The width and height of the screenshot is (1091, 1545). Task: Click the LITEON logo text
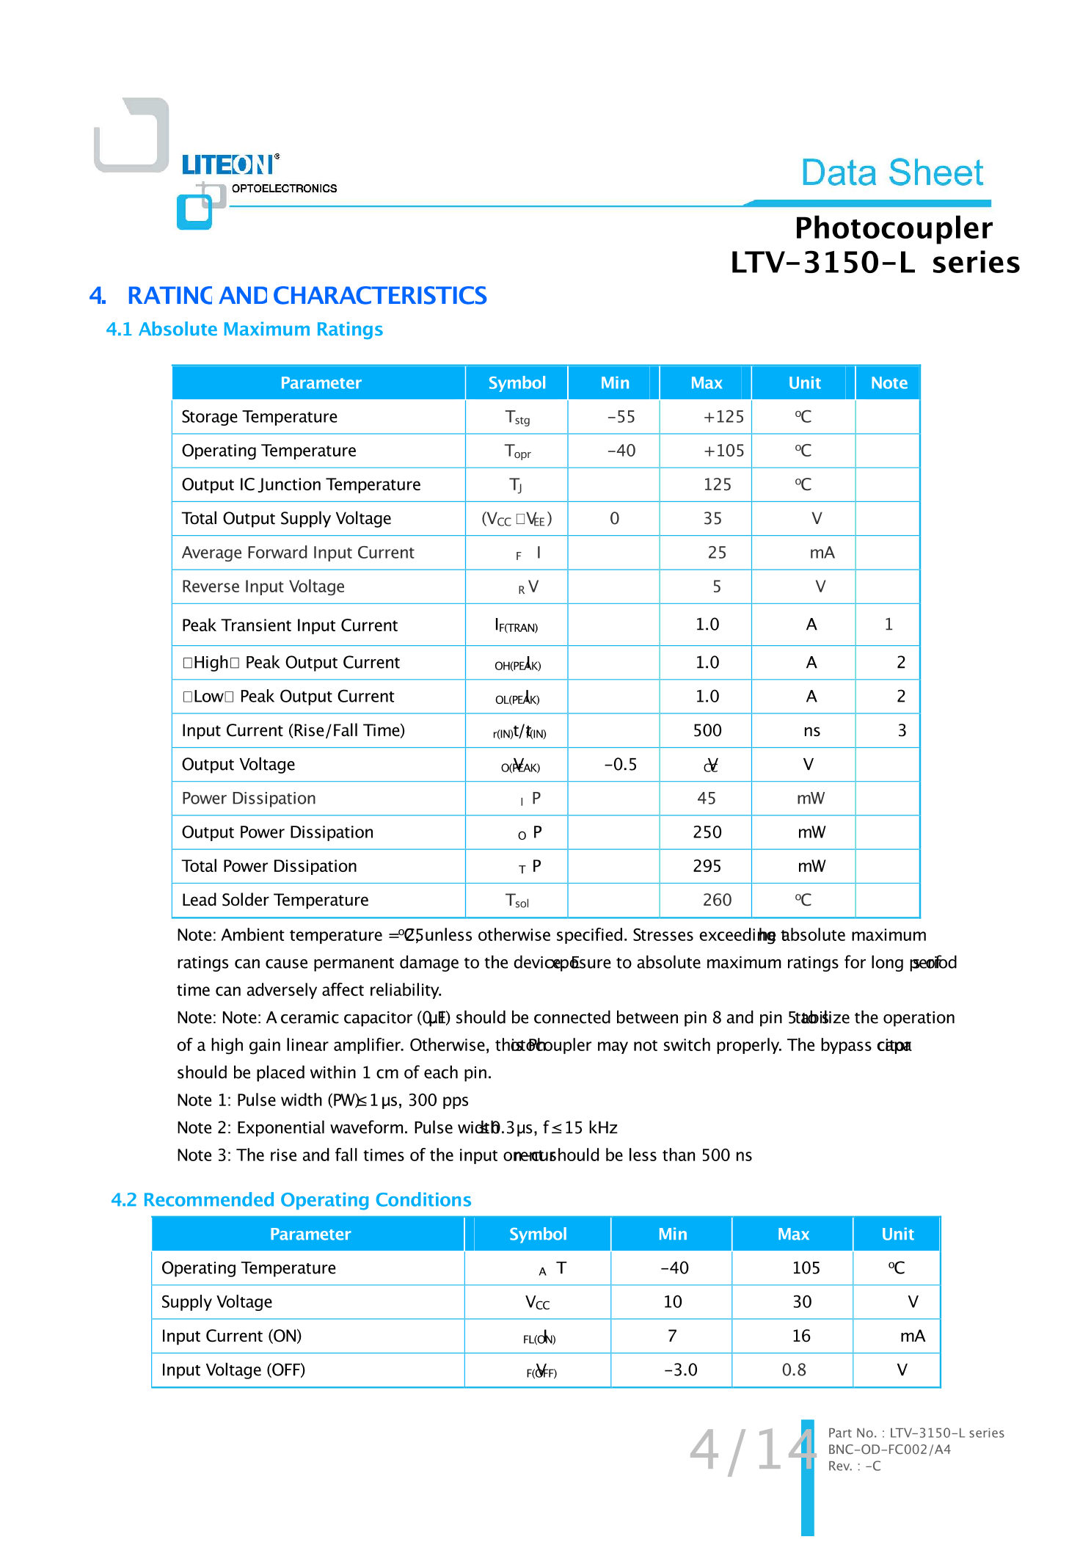(229, 165)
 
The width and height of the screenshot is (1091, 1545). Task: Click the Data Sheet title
(891, 173)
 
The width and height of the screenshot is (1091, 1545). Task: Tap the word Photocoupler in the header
(893, 228)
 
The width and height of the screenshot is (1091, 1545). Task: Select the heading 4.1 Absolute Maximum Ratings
(244, 330)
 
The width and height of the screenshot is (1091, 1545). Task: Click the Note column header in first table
(889, 383)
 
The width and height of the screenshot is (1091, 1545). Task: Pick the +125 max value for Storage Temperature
(723, 417)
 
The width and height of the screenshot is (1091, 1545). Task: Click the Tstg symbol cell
(517, 418)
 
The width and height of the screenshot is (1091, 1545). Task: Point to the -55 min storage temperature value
(621, 417)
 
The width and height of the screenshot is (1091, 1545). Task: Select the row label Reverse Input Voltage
(263, 586)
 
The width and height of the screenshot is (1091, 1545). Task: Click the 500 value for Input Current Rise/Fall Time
(707, 730)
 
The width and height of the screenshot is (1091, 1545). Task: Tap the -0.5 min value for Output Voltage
(621, 765)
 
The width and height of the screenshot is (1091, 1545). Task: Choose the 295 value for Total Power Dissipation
(707, 866)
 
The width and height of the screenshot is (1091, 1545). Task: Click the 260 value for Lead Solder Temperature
(717, 900)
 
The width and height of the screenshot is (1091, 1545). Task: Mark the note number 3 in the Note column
(902, 730)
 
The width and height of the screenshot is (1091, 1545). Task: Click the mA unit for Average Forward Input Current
(822, 553)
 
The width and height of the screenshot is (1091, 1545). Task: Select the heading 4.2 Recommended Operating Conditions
(291, 1199)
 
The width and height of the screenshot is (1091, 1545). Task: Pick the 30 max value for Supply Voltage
(802, 1302)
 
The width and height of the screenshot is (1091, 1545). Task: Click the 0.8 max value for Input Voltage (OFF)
(794, 1370)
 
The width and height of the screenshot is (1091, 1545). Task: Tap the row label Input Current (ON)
(232, 1336)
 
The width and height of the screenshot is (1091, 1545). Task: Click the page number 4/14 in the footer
(752, 1450)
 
